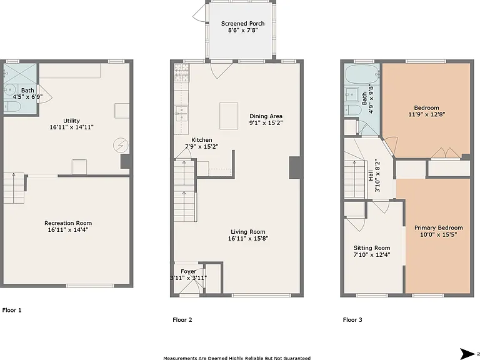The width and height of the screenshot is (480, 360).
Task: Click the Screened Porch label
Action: (x=242, y=24)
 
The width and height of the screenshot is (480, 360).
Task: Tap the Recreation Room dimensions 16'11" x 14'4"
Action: (x=68, y=229)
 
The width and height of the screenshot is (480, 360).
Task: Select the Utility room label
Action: (x=71, y=121)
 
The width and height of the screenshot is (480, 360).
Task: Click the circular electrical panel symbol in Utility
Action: (x=119, y=145)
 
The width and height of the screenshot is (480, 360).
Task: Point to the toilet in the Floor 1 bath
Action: (x=12, y=107)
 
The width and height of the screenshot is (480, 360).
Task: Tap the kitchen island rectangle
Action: (x=229, y=116)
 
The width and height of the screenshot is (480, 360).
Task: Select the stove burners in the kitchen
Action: (x=182, y=72)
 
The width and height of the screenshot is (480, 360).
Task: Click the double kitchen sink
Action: (x=181, y=114)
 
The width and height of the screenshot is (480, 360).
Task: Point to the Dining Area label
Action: (x=266, y=116)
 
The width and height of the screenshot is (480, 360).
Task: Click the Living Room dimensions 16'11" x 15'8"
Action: (x=248, y=239)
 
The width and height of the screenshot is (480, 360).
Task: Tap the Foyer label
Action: (x=188, y=271)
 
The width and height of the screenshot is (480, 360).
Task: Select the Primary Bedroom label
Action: (x=438, y=227)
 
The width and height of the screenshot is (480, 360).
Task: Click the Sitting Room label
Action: (x=372, y=248)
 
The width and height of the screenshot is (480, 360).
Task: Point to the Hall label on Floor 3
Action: (x=371, y=176)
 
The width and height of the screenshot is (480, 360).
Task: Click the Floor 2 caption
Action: (x=182, y=320)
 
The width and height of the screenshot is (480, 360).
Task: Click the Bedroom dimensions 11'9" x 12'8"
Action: (x=426, y=114)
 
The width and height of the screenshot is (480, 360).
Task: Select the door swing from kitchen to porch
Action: (x=221, y=70)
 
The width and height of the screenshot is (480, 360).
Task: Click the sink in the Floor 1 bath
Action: (x=10, y=89)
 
